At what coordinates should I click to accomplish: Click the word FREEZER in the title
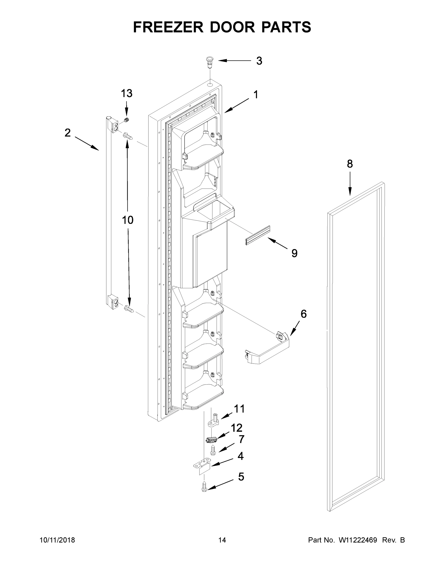168,27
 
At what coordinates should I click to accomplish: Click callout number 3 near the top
259,61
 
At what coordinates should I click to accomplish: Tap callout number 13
127,93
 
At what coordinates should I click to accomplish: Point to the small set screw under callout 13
127,121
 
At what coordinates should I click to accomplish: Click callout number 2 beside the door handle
67,133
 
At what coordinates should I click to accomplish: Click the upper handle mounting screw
128,136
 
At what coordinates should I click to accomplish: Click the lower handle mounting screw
129,308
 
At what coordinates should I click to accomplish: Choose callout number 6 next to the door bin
303,314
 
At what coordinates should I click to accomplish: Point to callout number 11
239,409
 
